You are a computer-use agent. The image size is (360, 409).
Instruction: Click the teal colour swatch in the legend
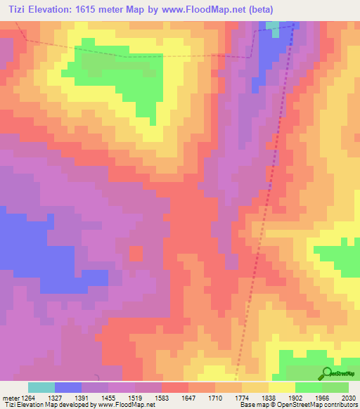coord(41,387)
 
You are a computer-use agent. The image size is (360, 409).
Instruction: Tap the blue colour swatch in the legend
coord(68,387)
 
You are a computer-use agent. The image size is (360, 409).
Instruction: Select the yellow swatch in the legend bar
coord(282,387)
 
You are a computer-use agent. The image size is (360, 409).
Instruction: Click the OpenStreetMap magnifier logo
coord(328,373)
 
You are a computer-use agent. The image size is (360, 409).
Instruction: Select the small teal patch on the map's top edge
coord(272,25)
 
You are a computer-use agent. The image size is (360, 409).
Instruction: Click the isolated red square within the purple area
coord(136,253)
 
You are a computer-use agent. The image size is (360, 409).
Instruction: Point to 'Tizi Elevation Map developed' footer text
coord(42,405)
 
